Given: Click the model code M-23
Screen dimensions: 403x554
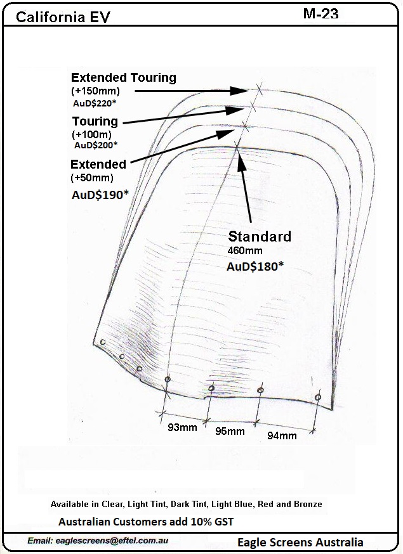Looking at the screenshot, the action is pyautogui.click(x=320, y=14).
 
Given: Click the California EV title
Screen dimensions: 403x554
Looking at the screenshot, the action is pyautogui.click(x=63, y=17).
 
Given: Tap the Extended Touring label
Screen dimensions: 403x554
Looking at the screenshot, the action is pyautogui.click(x=124, y=77).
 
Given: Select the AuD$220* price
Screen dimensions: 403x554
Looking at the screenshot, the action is pyautogui.click(x=95, y=103).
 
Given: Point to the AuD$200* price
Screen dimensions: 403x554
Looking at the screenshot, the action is pyautogui.click(x=96, y=145).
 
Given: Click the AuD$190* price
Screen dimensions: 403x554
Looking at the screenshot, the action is pyautogui.click(x=100, y=195).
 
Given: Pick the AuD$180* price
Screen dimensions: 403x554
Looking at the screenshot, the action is pyautogui.click(x=255, y=266).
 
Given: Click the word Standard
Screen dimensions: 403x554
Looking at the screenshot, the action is pyautogui.click(x=260, y=236).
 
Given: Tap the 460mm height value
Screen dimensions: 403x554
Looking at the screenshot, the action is pyautogui.click(x=245, y=251).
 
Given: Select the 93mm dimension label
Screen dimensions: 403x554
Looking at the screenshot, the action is pyautogui.click(x=182, y=427).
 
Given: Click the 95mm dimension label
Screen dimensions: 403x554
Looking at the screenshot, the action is pyautogui.click(x=230, y=431).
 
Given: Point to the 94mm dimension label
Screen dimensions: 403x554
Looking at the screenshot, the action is pyautogui.click(x=282, y=435).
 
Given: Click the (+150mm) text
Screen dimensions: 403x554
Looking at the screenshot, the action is pyautogui.click(x=96, y=91).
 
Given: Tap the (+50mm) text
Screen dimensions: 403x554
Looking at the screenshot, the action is pyautogui.click(x=93, y=177).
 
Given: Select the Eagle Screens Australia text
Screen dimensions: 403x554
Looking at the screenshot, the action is pyautogui.click(x=300, y=543).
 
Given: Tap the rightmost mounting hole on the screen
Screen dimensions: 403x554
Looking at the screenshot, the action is pyautogui.click(x=318, y=397).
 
